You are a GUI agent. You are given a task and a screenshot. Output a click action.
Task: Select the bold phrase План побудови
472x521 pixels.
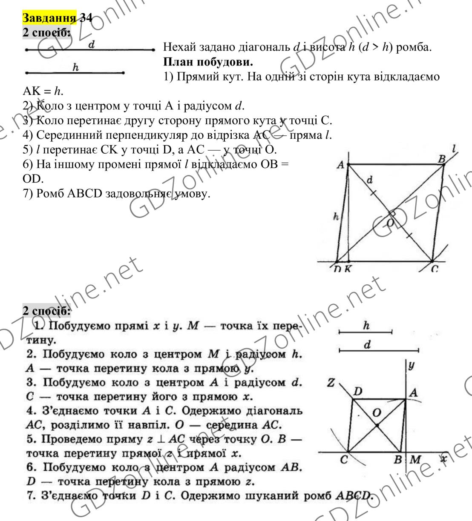click(208, 62)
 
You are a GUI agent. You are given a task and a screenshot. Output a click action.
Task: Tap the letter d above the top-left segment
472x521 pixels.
click(91, 43)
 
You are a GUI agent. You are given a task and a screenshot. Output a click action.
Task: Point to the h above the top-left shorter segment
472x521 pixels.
click(76, 67)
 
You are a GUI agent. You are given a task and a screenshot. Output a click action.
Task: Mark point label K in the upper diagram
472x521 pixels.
click(348, 269)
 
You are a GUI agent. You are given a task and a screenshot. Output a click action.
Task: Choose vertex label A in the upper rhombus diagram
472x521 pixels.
click(340, 165)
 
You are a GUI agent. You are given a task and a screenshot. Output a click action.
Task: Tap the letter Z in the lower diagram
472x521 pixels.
click(331, 383)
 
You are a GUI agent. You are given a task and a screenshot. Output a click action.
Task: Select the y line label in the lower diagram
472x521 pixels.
click(411, 365)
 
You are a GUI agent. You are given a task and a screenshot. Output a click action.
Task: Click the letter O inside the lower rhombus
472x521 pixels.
click(377, 412)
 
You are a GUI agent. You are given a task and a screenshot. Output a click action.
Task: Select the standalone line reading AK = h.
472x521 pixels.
click(40, 92)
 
